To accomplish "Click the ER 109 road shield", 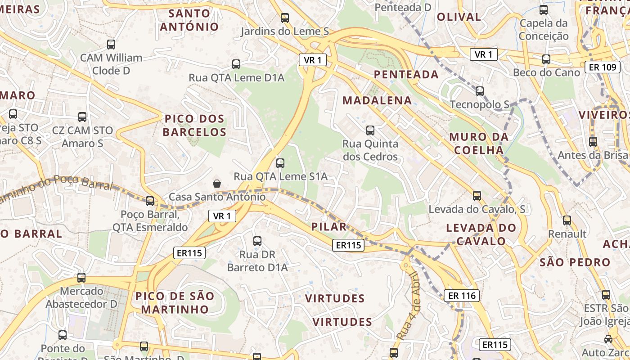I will point(603,67).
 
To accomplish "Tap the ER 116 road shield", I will point(462,296).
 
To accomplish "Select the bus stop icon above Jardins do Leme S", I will point(285,18).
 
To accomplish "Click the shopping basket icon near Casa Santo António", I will point(217,183).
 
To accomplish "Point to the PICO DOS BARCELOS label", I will point(194,126).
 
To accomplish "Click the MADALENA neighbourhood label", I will point(377,100).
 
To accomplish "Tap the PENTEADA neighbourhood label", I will point(406,75).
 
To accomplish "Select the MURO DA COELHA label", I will point(479,144).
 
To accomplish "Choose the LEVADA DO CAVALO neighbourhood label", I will point(481,234).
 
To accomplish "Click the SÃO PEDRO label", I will point(575,262).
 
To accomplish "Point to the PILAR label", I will point(329,227).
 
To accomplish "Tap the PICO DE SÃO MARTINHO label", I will point(175,303).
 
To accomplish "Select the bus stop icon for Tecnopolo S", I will point(480,91).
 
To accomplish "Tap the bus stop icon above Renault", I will point(567,220).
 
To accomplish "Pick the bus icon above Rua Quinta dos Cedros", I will point(370,130).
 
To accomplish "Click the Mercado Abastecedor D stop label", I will point(81,297).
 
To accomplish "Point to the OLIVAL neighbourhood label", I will point(459,17).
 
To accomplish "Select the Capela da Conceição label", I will point(544,30).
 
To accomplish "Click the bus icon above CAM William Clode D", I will point(111,45).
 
